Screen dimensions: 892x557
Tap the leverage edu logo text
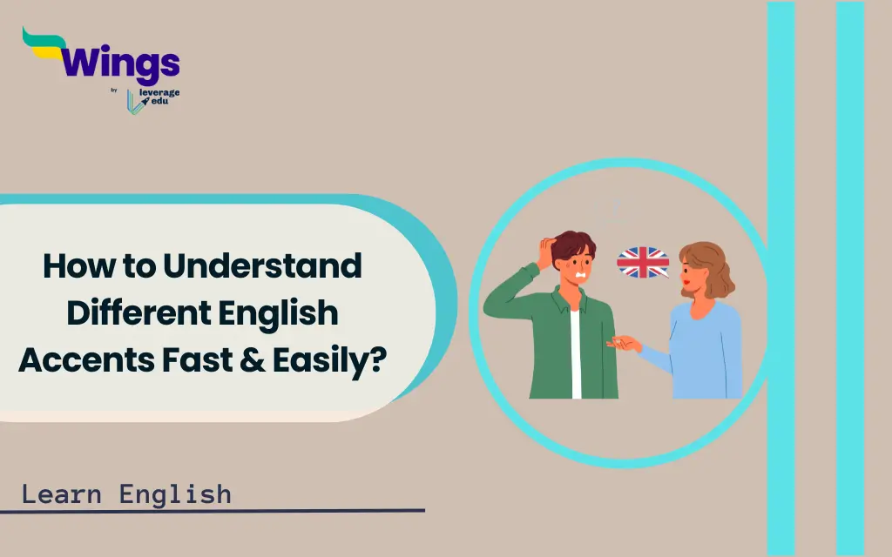(x=159, y=97)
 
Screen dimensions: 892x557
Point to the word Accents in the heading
(x=86, y=359)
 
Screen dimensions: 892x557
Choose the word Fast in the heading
(x=197, y=359)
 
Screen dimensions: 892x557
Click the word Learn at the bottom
(x=62, y=494)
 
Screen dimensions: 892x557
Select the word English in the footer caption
(x=175, y=494)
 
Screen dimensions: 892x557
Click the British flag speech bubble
(x=643, y=262)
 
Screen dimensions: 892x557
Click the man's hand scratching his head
(x=546, y=252)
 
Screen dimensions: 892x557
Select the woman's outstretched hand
(x=624, y=343)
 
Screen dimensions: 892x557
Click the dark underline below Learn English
(x=213, y=510)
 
